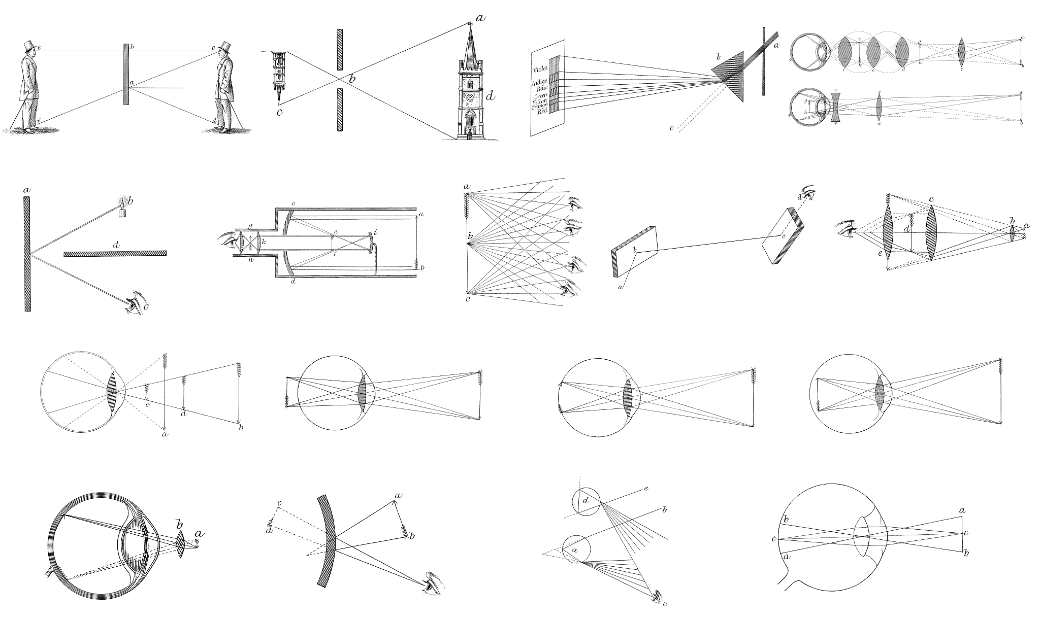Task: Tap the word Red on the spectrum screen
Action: (x=541, y=111)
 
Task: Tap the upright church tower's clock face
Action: (x=470, y=96)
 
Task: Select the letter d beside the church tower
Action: (x=490, y=95)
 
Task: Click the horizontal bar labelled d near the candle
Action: (x=115, y=253)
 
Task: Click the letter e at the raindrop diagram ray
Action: (x=646, y=489)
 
